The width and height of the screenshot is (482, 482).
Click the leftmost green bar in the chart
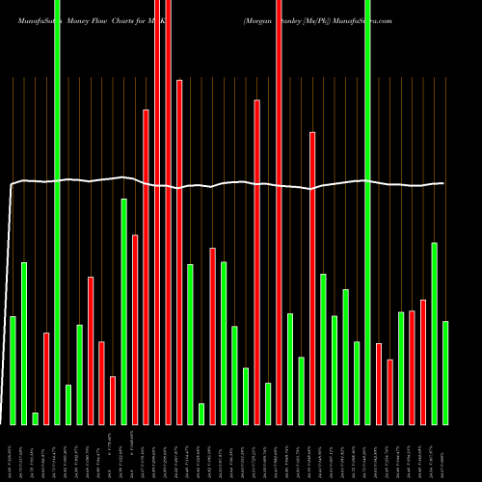click(x=13, y=370)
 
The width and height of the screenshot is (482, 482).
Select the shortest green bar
click(x=35, y=418)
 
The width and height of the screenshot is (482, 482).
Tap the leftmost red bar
click(x=46, y=378)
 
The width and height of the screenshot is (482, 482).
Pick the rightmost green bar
click(x=444, y=372)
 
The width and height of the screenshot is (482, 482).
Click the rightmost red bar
click(x=422, y=361)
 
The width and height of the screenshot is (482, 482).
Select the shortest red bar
click(x=113, y=400)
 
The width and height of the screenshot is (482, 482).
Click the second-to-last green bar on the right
click(x=434, y=333)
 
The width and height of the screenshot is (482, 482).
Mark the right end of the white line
click(x=443, y=183)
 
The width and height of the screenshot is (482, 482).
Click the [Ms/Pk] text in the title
click(x=317, y=19)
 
